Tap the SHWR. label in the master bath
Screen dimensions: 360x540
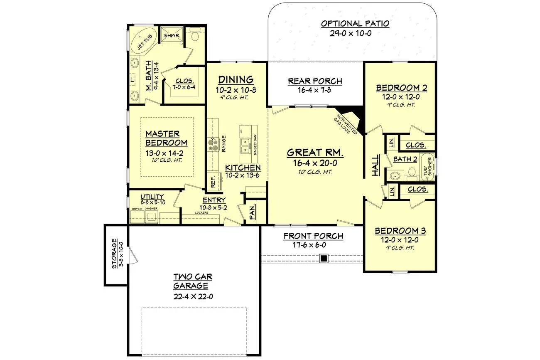point(171,36)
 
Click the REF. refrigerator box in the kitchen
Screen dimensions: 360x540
point(213,181)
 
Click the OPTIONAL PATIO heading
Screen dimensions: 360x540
point(355,24)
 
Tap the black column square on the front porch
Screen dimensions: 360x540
point(324,259)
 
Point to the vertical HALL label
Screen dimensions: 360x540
point(376,166)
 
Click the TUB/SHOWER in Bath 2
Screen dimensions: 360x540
point(427,167)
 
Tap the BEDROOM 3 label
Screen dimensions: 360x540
point(400,231)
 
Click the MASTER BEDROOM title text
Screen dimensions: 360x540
point(166,138)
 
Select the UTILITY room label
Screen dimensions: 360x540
point(152,197)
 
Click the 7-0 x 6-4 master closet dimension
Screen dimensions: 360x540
point(185,87)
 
